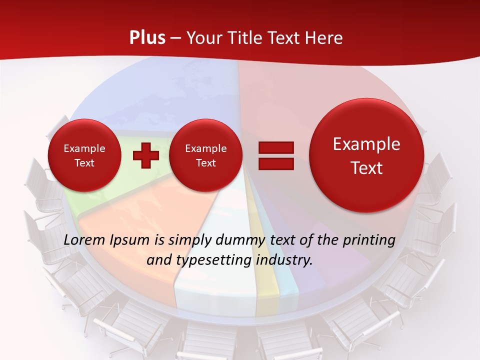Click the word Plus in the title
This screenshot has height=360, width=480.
(147, 38)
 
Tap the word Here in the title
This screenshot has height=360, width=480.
(324, 38)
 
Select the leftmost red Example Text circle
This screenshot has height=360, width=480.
(84, 155)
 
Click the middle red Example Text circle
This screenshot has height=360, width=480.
(205, 155)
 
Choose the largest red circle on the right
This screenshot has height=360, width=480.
(366, 155)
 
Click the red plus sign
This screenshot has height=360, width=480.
(145, 155)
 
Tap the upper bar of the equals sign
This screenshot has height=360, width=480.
(275, 147)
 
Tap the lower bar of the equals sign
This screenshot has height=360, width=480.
(275, 164)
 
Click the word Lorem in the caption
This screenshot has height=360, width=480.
(83, 240)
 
